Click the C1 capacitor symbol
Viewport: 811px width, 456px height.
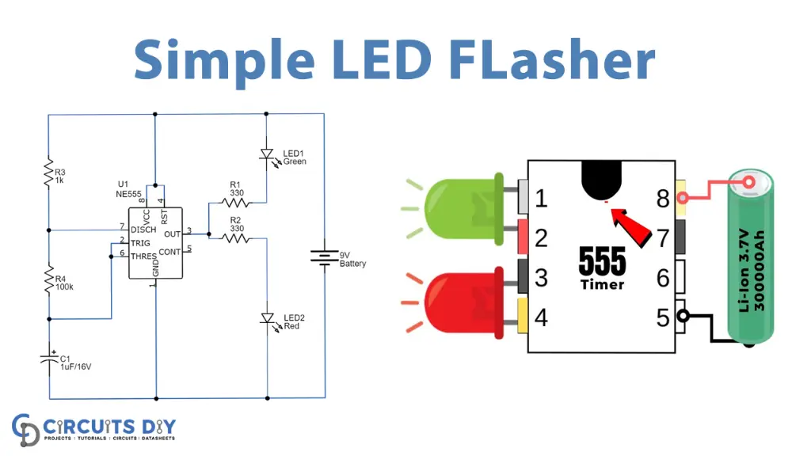tap(48, 359)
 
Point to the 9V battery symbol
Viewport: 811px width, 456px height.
tap(324, 258)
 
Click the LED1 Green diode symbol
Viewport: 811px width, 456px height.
tap(267, 157)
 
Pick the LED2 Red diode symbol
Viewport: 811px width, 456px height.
tap(268, 318)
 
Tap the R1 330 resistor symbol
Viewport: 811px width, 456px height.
tap(234, 203)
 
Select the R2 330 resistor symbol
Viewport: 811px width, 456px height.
tap(234, 237)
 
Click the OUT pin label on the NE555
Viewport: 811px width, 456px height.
tap(171, 233)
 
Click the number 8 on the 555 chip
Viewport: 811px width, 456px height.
tap(663, 199)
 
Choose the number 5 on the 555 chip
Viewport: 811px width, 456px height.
tap(663, 317)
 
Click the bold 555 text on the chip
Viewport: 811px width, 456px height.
tap(602, 260)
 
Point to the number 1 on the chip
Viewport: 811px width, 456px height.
tap(541, 198)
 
